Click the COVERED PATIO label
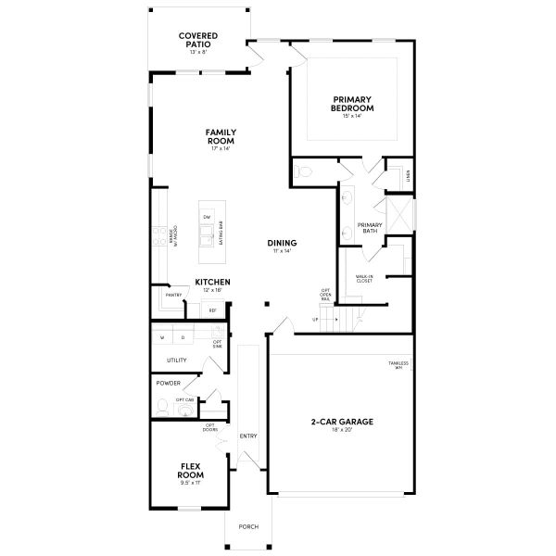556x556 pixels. (x=199, y=39)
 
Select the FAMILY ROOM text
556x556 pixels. (x=221, y=137)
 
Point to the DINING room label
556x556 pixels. (x=283, y=243)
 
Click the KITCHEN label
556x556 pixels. (x=212, y=282)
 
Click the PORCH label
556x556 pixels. (x=248, y=526)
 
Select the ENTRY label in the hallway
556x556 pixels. (x=248, y=436)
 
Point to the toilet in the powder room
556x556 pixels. (x=162, y=406)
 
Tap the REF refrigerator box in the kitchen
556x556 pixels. (x=212, y=310)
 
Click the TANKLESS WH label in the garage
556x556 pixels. (x=398, y=365)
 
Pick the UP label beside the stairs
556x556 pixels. (x=315, y=320)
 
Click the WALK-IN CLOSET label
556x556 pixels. (x=364, y=278)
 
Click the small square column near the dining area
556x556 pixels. (x=267, y=302)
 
